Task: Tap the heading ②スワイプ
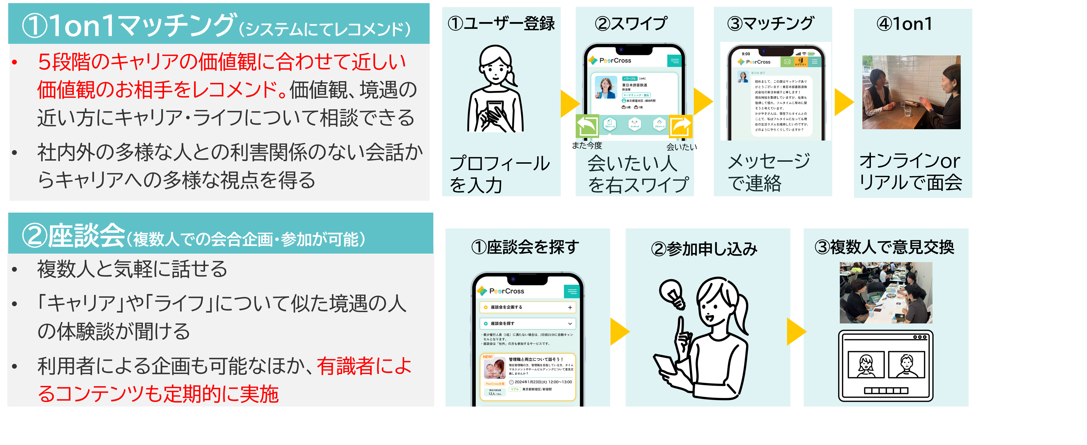[x=631, y=24]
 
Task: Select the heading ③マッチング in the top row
[x=771, y=24]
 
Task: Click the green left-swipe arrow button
[x=587, y=126]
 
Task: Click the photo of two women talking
[x=911, y=92]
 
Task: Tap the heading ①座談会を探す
[x=525, y=247]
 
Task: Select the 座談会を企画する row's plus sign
[x=570, y=307]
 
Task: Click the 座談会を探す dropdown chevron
[x=570, y=323]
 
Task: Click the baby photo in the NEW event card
[x=495, y=369]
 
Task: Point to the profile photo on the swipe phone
[x=606, y=87]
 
